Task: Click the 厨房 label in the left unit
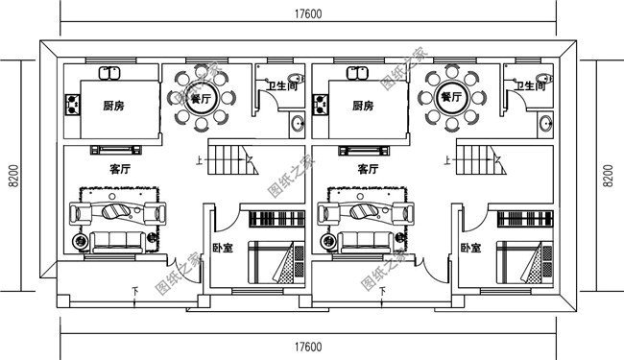(114, 106)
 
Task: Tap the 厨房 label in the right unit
(363, 106)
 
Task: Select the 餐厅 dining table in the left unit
(203, 98)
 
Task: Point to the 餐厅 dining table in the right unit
(451, 98)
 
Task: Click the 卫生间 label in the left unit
(281, 85)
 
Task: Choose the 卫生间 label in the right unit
(530, 85)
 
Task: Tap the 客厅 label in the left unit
(120, 169)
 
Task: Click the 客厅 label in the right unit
(368, 169)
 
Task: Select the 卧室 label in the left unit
(223, 248)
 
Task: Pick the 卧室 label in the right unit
(470, 248)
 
